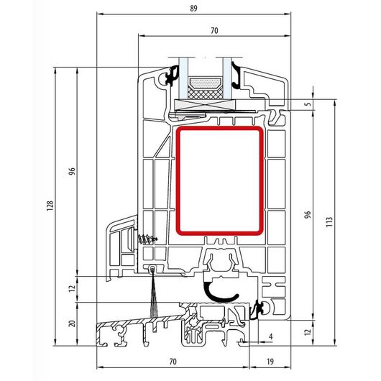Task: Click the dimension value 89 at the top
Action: point(193,9)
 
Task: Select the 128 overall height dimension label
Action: point(50,206)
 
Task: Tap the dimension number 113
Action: point(329,222)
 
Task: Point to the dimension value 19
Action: point(270,362)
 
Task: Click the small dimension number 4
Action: point(271,336)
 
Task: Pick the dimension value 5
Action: point(308,104)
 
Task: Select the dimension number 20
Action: point(72,323)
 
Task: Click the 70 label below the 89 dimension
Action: point(214,31)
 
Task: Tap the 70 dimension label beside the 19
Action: point(173,362)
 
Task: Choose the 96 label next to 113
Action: point(308,214)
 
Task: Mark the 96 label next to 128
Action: point(72,171)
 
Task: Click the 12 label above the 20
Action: point(72,289)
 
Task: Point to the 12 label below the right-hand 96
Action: point(308,332)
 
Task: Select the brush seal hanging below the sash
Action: point(153,292)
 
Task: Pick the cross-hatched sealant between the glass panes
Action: point(206,93)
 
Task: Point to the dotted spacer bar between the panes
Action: point(206,83)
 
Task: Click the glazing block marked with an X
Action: point(206,105)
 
